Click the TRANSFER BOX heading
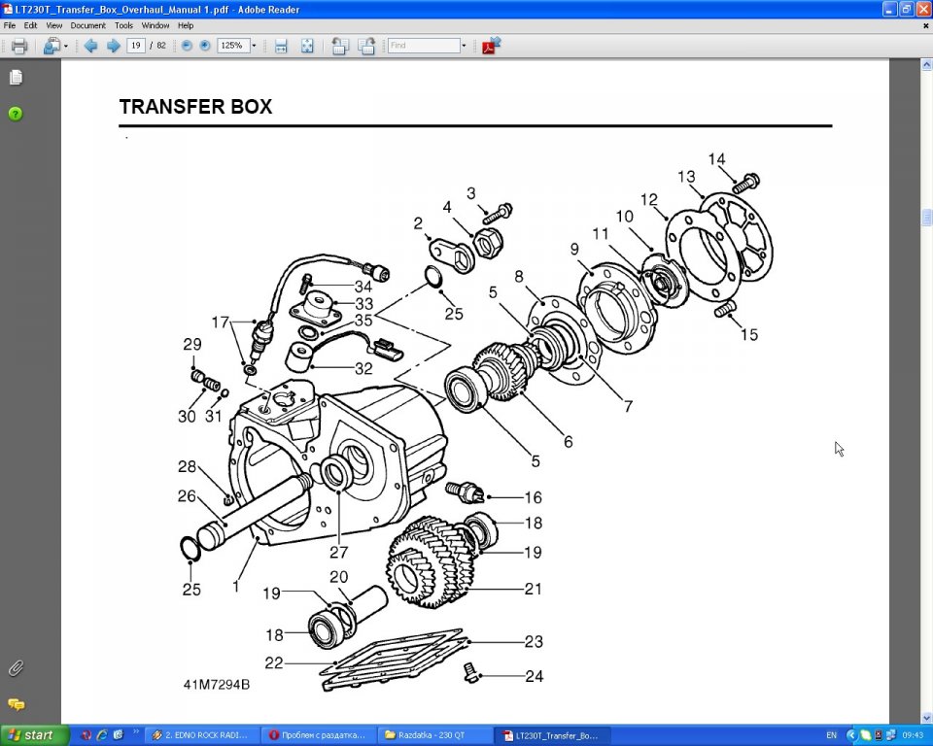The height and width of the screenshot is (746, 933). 195,107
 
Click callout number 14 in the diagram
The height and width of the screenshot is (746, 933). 716,159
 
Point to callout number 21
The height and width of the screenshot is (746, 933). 534,589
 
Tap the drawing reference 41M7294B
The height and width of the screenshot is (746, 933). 217,685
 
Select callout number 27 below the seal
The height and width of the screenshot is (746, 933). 338,552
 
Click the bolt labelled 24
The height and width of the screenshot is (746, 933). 470,673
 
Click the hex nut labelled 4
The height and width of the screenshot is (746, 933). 488,243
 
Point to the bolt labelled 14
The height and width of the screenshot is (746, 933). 745,183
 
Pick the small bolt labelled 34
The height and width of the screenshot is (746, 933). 307,283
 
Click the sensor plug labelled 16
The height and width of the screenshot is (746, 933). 465,492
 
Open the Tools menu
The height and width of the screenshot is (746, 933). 123,25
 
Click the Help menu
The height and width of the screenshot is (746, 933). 186,25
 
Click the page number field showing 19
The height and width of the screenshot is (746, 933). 136,46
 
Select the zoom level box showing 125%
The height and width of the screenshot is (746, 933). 232,46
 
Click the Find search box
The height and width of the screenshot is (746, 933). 424,46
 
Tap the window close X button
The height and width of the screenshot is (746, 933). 922,9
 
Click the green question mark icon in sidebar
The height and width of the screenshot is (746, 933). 16,114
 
